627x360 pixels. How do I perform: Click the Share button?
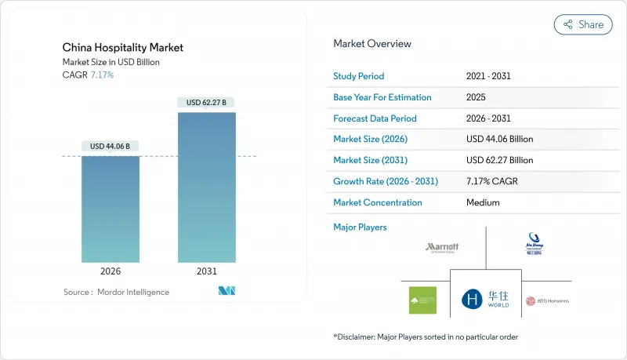point(583,24)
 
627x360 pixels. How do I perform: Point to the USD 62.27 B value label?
point(206,102)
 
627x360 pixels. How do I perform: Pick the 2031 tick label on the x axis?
point(206,272)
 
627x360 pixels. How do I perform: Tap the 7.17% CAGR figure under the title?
point(102,75)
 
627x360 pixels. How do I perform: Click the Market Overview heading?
point(372,44)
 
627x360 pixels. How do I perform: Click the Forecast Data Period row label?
point(375,118)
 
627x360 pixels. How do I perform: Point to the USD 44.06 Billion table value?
point(499,140)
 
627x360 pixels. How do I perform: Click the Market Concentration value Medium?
point(483,202)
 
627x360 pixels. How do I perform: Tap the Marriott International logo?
point(442,248)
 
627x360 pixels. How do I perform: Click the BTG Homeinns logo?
point(547,300)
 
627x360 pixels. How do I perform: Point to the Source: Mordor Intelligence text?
point(116,293)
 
